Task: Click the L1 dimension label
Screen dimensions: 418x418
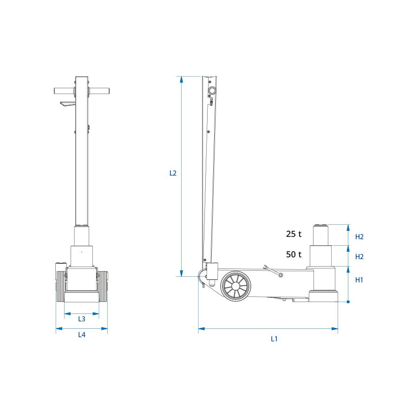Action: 274,339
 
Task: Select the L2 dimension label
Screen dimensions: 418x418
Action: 173,173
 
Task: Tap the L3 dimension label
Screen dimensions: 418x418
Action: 82,319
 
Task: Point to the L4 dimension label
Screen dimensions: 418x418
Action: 82,335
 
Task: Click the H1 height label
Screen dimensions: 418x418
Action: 359,280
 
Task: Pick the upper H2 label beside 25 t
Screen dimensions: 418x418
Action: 359,237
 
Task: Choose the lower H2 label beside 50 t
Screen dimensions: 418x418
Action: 359,257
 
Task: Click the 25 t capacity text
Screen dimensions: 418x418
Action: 294,234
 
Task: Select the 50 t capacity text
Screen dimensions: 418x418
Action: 294,255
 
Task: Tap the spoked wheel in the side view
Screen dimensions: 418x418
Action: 235,286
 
